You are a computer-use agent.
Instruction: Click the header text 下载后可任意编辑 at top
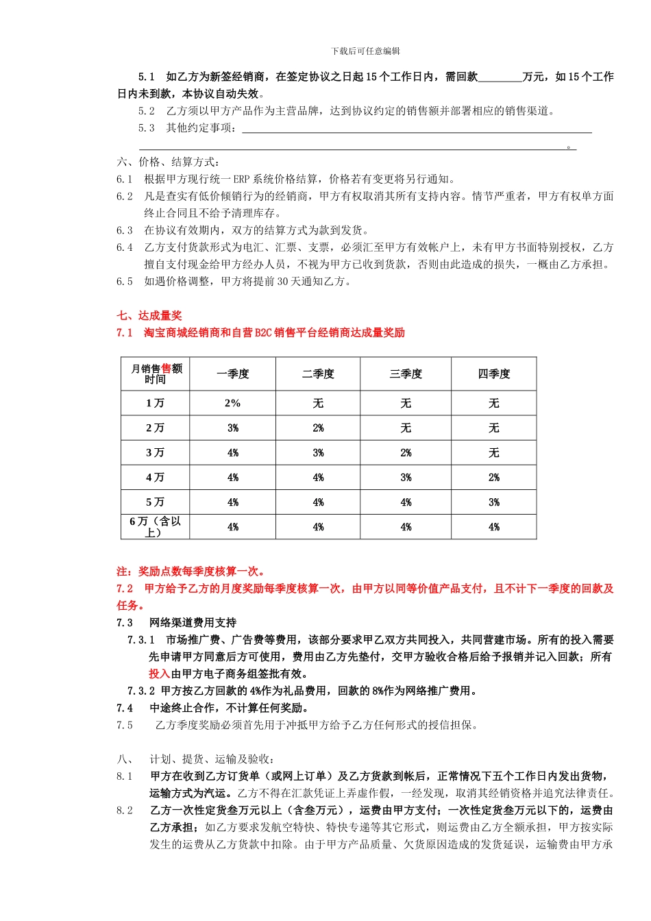[365, 51]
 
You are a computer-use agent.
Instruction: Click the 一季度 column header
[233, 374]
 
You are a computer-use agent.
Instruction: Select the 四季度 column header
[494, 374]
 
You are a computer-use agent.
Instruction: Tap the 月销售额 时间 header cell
[156, 374]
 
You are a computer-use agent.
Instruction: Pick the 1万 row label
[156, 404]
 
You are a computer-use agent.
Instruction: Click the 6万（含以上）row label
[156, 527]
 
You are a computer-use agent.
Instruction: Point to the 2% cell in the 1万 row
[233, 404]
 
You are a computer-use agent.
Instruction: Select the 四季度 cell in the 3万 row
[494, 453]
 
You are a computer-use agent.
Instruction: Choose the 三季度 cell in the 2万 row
[406, 428]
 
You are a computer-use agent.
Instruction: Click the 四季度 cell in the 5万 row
[494, 502]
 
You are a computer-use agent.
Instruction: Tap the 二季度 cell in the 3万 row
[319, 453]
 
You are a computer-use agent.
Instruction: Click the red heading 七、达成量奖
[149, 316]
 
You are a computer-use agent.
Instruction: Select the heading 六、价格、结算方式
[169, 162]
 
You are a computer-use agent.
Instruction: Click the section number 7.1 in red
[125, 333]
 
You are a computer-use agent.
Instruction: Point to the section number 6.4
[125, 247]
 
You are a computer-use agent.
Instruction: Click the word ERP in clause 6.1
[241, 179]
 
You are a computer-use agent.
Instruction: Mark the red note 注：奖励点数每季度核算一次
[191, 572]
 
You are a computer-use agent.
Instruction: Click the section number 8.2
[125, 811]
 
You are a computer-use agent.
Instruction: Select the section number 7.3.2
[141, 691]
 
